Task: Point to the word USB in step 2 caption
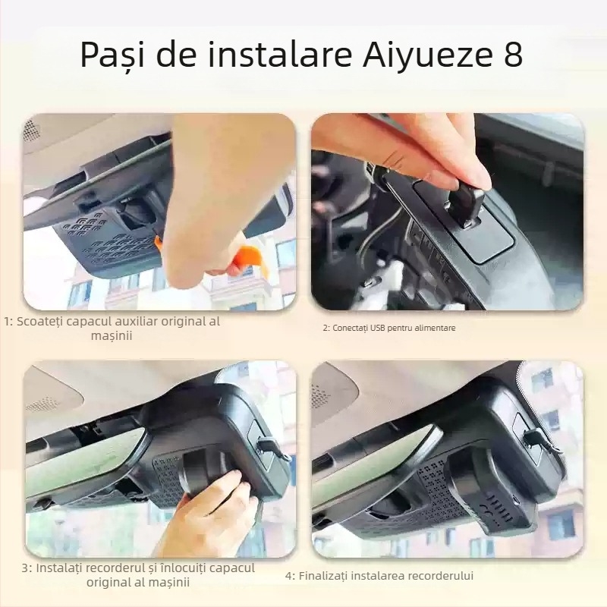point(378,328)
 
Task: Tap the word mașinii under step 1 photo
point(112,335)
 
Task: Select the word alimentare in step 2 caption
point(436,328)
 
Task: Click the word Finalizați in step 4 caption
point(325,576)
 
